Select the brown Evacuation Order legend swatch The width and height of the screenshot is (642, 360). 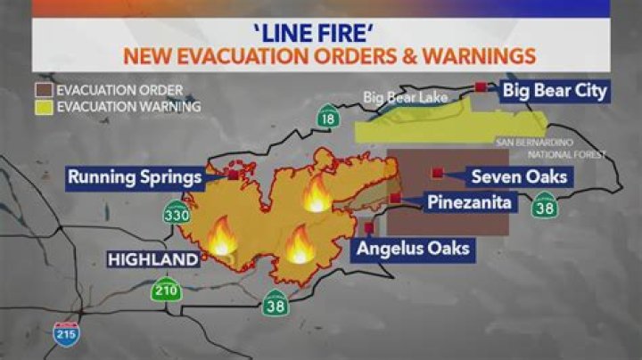click(43, 91)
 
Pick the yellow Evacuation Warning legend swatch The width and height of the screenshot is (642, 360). click(43, 107)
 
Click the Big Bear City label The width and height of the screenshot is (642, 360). click(554, 90)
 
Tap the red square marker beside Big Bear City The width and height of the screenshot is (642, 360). click(481, 87)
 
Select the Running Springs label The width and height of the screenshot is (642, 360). click(135, 176)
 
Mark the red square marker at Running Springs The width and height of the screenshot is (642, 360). click(233, 176)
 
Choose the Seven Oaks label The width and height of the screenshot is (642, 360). click(518, 176)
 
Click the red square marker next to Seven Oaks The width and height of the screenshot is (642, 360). click(438, 173)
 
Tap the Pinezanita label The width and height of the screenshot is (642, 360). click(469, 203)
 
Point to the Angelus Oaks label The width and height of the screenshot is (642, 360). click(413, 249)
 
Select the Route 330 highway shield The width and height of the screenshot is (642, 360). click(175, 214)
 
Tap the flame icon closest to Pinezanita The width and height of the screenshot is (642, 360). click(317, 194)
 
